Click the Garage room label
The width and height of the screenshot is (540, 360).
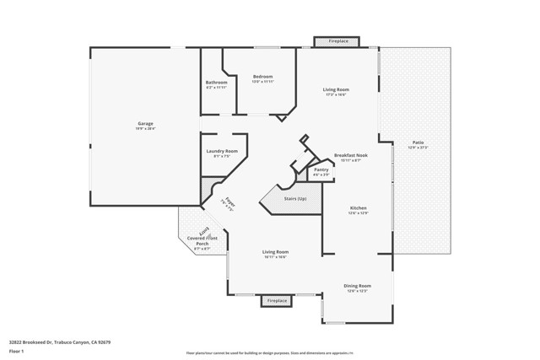(x=145, y=124)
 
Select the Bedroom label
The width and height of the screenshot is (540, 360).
(x=262, y=77)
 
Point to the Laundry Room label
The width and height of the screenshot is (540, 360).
(x=221, y=151)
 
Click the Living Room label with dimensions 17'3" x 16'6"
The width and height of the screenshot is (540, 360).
(x=336, y=89)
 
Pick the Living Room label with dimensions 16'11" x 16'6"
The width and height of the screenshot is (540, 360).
(x=275, y=252)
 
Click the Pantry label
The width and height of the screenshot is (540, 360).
(x=321, y=169)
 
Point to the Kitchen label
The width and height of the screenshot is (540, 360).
(x=359, y=207)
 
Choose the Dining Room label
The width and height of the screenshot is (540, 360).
(x=358, y=286)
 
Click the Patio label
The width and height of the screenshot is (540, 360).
(x=418, y=142)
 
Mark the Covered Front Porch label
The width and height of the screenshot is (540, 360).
(x=202, y=243)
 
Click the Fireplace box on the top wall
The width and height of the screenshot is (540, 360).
(x=338, y=40)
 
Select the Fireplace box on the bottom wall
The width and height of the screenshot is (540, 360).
(x=277, y=301)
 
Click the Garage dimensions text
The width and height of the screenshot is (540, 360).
(x=145, y=129)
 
